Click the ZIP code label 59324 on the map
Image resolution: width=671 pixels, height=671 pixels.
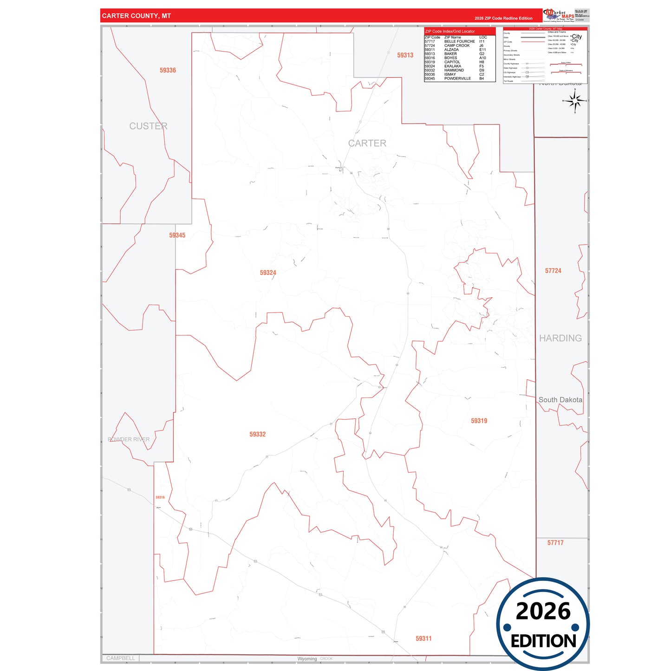pos(268,273)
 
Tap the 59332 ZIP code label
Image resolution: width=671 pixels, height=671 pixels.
pos(257,434)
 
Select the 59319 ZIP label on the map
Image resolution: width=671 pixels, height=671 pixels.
pos(479,421)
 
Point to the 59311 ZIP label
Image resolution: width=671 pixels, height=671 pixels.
pos(423,638)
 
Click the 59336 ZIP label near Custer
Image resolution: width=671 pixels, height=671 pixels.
pos(168,70)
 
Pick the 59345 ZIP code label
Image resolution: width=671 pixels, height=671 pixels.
pos(177,235)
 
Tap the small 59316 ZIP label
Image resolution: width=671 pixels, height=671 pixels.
pos(160,497)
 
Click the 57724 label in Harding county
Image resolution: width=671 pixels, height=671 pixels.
pos(553,271)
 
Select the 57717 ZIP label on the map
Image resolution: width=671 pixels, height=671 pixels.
pos(555,543)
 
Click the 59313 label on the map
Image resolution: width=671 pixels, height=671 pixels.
pos(405,55)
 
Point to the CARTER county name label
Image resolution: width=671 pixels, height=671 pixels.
pos(367,143)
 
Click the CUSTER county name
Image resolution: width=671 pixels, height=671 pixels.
pos(148,126)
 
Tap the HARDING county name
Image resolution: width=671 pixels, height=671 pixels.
pos(560,338)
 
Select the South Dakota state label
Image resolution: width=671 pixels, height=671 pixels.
pos(560,400)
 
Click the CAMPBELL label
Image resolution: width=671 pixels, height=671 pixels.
pos(121,658)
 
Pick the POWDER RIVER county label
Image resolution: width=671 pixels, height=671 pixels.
pos(129,439)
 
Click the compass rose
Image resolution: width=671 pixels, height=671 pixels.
pos(575,100)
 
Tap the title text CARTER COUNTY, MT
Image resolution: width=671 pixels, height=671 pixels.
pos(137,16)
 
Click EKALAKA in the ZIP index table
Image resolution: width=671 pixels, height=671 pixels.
pos(453,66)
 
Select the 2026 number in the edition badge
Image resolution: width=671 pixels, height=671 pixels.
pos(543,611)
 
